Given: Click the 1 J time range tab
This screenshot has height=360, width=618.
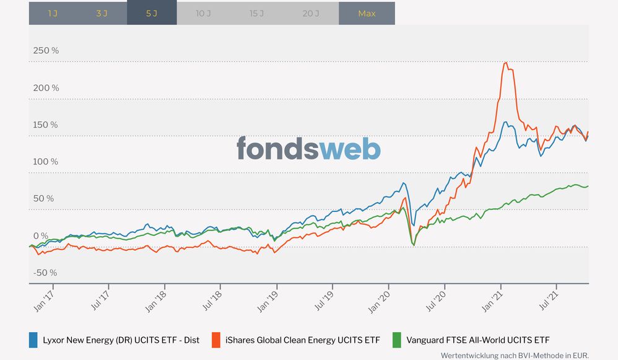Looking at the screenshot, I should click(53, 13).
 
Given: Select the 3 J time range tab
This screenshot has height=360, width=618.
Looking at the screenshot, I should click(102, 13).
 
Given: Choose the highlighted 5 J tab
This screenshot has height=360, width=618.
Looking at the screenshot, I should click(152, 13).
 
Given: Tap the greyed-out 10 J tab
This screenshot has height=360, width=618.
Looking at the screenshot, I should click(204, 13).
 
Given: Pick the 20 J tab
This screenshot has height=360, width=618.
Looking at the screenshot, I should click(311, 13).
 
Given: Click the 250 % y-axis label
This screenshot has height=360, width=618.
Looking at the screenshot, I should click(46, 50).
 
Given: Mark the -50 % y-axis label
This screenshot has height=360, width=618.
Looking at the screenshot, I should click(45, 273).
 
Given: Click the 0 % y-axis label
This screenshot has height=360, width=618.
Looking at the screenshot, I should click(40, 235).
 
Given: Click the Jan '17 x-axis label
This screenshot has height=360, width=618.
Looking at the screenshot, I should click(43, 299).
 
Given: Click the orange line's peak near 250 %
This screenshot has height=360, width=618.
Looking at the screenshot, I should click(506, 63).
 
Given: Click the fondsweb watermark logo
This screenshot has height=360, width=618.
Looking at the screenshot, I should click(308, 149).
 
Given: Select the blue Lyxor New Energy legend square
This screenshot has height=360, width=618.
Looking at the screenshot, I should click(33, 340).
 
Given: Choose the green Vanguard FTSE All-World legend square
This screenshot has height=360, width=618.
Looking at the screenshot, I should click(398, 340).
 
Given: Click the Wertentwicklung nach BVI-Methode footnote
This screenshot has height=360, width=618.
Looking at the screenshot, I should click(514, 356).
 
